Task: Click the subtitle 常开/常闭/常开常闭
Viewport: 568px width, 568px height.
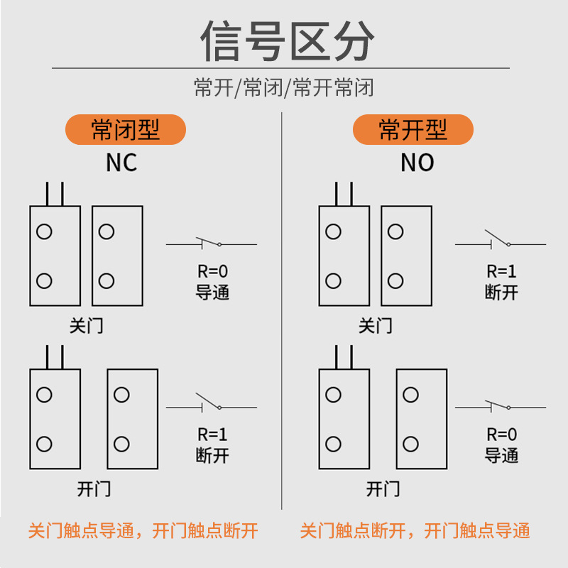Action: point(284,88)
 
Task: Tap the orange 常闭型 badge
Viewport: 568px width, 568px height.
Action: point(126,130)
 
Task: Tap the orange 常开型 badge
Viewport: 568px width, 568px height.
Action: point(413,130)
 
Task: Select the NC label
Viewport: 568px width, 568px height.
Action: point(121,163)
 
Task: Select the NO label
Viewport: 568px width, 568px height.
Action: point(417,163)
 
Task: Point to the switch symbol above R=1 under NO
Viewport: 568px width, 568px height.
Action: point(500,240)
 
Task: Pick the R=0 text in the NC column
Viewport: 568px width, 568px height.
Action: point(212,272)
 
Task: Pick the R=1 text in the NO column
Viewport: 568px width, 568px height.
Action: point(501,272)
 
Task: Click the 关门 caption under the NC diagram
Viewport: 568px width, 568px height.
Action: point(87,327)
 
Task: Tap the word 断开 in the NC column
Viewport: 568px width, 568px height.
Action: point(212,455)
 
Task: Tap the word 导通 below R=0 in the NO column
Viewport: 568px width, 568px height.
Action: point(501,455)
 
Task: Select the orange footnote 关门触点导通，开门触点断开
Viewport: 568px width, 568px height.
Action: point(143,531)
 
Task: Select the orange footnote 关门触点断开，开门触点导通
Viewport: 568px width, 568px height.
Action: point(415,531)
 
